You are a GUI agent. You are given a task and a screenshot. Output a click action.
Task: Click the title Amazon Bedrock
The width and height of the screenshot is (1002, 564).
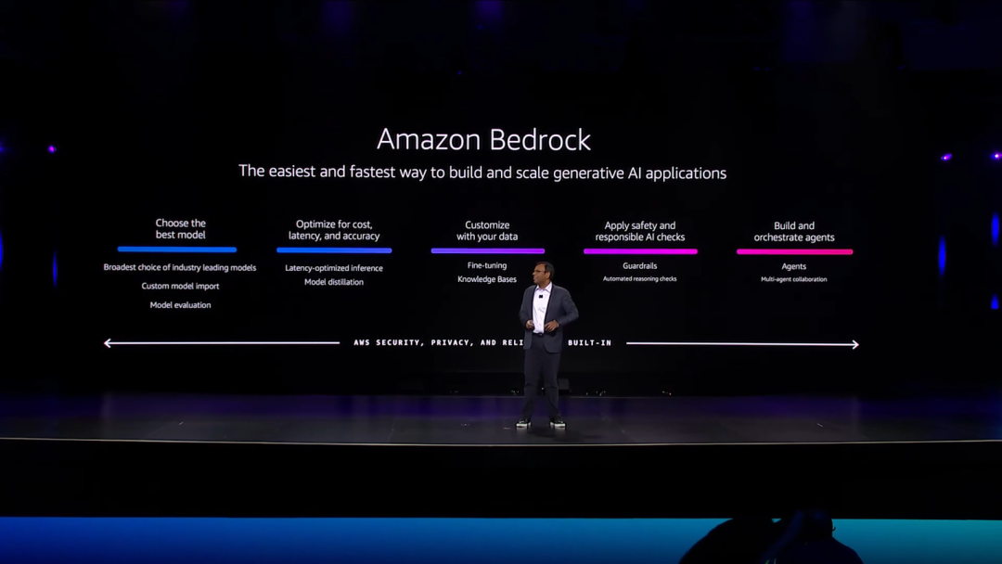point(483,140)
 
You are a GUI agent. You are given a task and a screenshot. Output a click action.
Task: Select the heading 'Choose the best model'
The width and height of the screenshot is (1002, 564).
point(181,229)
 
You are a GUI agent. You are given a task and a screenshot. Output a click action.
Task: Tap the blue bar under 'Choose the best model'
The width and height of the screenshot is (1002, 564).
point(177,250)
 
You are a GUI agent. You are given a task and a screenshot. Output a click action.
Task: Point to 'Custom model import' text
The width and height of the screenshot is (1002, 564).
point(180,286)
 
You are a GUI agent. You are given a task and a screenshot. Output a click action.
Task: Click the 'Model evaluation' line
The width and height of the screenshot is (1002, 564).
point(180,305)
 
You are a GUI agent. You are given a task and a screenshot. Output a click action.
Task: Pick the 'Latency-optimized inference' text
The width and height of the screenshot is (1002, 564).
point(334,268)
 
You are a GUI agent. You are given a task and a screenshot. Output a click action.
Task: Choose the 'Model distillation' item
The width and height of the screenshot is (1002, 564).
point(334,282)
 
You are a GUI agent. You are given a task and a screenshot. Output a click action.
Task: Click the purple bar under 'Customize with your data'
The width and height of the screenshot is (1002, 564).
point(487,250)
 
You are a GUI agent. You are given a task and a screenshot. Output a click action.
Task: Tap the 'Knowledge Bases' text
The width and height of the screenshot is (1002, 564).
point(487,279)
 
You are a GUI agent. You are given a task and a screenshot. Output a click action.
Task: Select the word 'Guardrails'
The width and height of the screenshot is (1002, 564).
point(640,266)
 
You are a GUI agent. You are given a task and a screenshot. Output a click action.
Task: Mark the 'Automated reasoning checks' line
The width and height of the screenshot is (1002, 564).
point(640,279)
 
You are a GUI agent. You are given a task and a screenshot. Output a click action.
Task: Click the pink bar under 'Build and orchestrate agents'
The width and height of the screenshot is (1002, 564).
point(794,251)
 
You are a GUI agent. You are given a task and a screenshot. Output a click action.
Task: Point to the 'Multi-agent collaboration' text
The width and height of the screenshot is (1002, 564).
point(794,279)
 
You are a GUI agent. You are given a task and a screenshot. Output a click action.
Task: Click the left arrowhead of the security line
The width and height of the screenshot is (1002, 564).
point(108,343)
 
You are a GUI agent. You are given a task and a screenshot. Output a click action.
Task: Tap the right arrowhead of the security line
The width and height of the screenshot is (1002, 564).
point(854,344)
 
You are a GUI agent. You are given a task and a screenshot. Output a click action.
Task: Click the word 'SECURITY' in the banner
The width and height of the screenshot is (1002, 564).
point(400,343)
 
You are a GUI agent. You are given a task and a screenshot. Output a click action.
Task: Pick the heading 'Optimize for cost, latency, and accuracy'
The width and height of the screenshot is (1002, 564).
point(334,230)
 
